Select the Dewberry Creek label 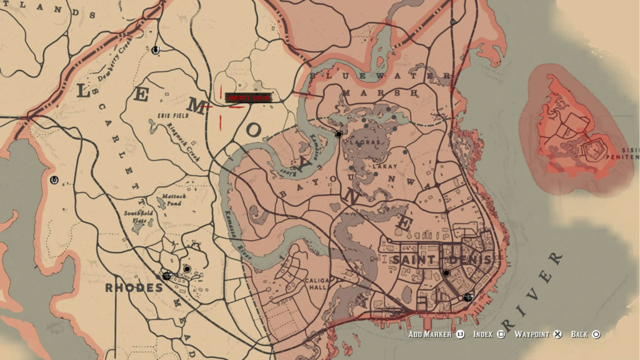pos(116,68)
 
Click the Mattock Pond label pos(173,199)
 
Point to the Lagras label pos(369,142)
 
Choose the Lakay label pos(380,167)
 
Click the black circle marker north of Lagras pos(339,134)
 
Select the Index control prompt pos(488,335)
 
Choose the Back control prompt pos(585,335)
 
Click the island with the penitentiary pos(578,134)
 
